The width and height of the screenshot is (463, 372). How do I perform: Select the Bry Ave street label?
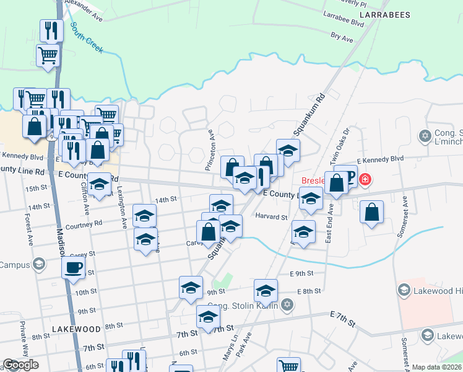(x=342, y=38)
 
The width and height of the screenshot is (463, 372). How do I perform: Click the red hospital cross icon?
(x=365, y=180)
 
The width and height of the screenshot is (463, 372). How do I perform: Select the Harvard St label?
(x=272, y=217)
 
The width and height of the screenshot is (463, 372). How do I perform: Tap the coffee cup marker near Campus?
(x=74, y=268)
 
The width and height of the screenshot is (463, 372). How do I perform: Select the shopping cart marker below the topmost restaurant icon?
(x=48, y=55)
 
